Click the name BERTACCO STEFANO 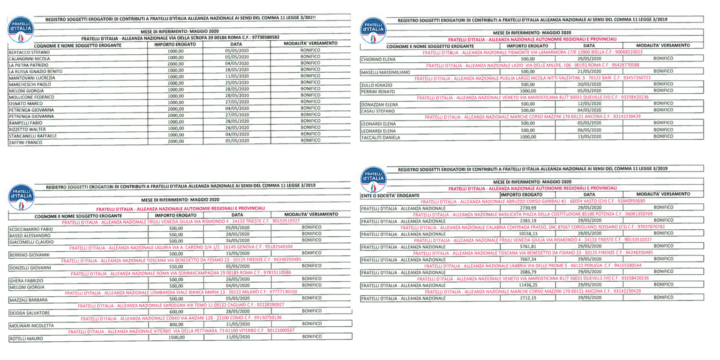click(x=29, y=52)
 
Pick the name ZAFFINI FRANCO click(x=26, y=142)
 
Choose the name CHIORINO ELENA click(x=378, y=60)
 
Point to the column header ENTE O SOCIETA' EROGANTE click(x=390, y=195)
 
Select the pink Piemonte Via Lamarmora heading click(x=531, y=52)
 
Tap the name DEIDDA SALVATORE click(x=30, y=312)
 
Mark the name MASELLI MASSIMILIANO click(x=386, y=72)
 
